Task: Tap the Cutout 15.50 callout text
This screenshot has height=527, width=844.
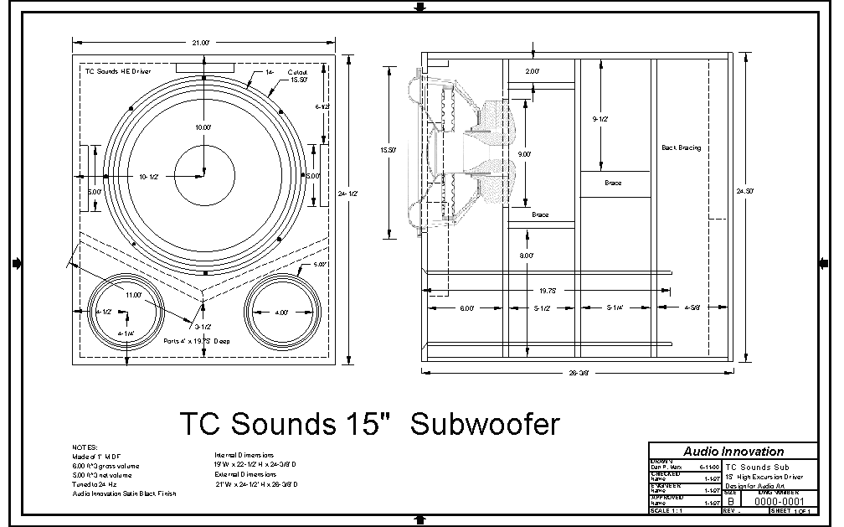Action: click(x=298, y=75)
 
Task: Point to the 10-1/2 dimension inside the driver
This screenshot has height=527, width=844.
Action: click(x=149, y=177)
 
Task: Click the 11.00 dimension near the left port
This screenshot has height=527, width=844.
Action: click(x=133, y=295)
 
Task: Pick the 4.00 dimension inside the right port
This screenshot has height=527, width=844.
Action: click(x=282, y=313)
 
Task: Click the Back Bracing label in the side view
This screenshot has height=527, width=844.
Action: click(x=681, y=148)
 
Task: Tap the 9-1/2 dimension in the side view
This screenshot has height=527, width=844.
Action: click(x=600, y=119)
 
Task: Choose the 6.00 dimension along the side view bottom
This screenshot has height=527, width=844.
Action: click(x=466, y=308)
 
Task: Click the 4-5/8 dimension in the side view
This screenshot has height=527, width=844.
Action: click(x=692, y=308)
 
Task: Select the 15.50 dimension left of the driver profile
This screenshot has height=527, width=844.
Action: click(x=388, y=150)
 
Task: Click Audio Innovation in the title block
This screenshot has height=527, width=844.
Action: click(x=733, y=452)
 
